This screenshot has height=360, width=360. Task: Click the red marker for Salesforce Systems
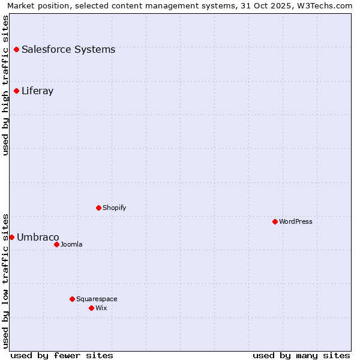pos(16,49)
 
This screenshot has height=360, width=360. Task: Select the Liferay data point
pos(16,91)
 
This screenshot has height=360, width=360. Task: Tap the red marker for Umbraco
pos(11,237)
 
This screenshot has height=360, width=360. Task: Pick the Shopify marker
pos(98,208)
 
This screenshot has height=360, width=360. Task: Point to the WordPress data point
pos(275,221)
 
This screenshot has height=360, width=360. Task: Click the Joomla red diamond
pos(56,244)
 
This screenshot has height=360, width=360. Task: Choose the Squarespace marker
pos(72,299)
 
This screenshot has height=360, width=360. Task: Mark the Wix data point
pos(91,308)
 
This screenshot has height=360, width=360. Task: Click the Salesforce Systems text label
pos(68,50)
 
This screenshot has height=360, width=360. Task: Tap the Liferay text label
pos(37,91)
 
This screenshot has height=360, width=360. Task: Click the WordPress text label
pos(296,221)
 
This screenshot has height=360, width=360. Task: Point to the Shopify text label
pos(114,208)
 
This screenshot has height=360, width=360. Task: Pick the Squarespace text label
pos(97,299)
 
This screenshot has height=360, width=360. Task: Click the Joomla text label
pos(71,244)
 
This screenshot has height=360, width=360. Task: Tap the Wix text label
pos(101,308)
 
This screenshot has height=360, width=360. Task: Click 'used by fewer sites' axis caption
pos(62,355)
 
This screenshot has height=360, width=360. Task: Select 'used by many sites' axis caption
pos(301,355)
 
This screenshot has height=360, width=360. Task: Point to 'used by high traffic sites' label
pos(6,85)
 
